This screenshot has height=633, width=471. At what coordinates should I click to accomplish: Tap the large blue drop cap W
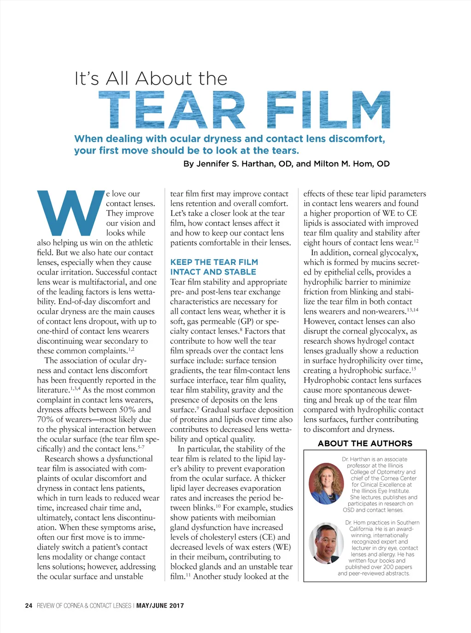(x=70, y=213)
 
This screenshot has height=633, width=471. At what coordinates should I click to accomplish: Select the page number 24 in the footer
(x=29, y=605)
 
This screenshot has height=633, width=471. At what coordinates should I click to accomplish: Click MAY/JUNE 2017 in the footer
(x=160, y=605)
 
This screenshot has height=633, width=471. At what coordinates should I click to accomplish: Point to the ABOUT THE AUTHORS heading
(x=365, y=443)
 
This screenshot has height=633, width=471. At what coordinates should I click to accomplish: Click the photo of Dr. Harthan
(x=327, y=483)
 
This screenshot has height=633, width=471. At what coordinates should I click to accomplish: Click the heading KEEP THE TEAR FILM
(x=214, y=262)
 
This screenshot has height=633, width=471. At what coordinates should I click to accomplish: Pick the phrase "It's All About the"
(x=151, y=79)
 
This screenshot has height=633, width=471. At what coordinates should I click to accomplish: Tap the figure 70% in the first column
(x=45, y=420)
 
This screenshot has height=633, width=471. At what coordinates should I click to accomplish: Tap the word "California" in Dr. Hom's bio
(x=360, y=529)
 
